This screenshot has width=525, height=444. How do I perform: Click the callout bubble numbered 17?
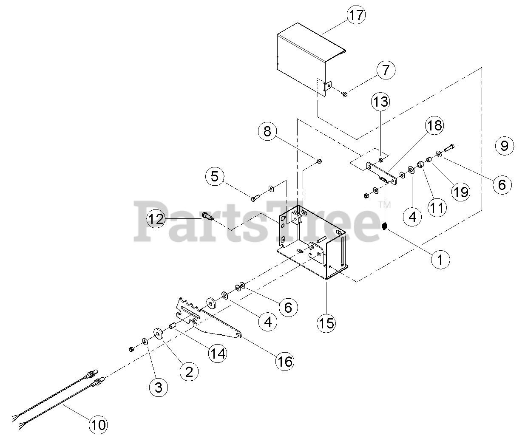(x=356, y=15)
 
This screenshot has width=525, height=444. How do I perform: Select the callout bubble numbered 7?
(x=385, y=70)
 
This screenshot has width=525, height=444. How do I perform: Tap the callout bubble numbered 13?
(x=381, y=102)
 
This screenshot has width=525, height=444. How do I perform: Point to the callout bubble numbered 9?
(x=504, y=146)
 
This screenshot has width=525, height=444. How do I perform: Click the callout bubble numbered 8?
(x=267, y=132)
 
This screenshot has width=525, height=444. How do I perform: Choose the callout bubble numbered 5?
(x=215, y=176)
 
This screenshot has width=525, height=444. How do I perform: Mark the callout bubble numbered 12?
(x=156, y=219)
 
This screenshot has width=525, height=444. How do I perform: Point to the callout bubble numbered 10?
(x=98, y=424)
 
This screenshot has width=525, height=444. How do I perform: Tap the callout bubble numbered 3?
(x=158, y=387)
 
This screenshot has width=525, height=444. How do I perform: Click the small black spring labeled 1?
(x=384, y=226)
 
